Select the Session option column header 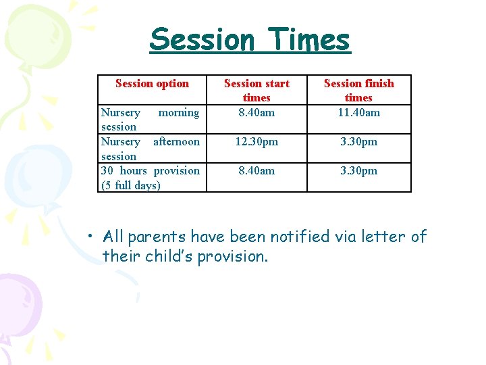point(152,84)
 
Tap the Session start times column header point(256,91)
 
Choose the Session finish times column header point(358,91)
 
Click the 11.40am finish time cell point(358,113)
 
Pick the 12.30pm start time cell point(256,142)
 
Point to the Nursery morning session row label point(150,120)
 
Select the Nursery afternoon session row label point(150,149)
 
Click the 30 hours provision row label point(150,171)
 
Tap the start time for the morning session point(256,113)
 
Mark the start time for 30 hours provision point(256,171)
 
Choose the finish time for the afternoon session point(358,142)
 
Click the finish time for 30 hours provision point(358,171)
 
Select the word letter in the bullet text point(385,237)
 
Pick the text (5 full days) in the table point(131,185)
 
